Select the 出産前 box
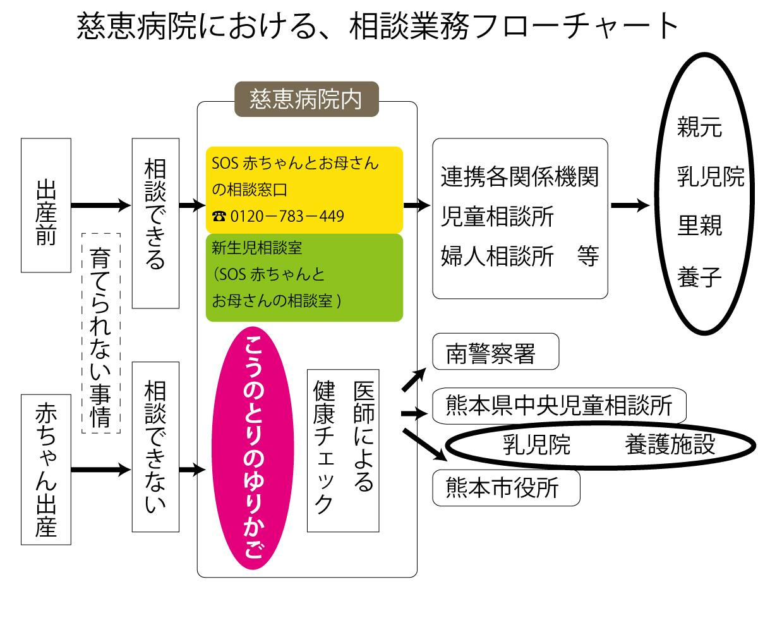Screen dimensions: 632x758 [x=45, y=205]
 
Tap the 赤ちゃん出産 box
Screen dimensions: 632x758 [x=45, y=470]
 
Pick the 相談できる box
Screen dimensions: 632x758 [x=155, y=223]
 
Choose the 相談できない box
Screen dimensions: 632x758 [x=155, y=447]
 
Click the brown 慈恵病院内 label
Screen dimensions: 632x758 [x=306, y=99]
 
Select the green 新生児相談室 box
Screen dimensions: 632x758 [x=304, y=277]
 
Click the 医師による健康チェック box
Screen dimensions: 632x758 [x=343, y=450]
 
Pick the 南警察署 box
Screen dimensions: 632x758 [x=495, y=352]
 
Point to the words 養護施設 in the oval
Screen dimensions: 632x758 [x=670, y=444]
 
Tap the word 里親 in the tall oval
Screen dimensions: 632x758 [x=699, y=226]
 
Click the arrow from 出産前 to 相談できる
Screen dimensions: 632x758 [x=101, y=205]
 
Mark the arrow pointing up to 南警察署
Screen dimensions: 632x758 [x=414, y=379]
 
